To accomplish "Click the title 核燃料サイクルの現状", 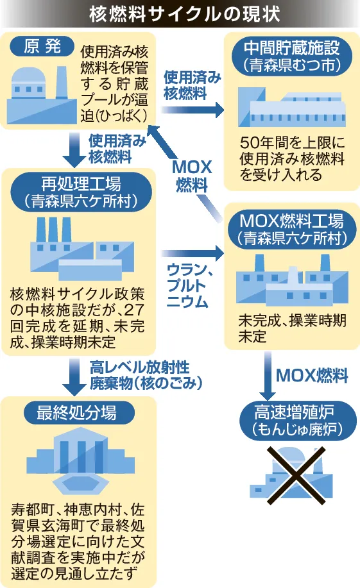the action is (184, 14).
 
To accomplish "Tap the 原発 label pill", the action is (42, 47).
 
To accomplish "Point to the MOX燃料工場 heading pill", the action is (292, 229).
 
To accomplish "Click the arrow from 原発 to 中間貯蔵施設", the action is (193, 110).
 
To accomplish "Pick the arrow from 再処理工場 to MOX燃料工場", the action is (193, 253).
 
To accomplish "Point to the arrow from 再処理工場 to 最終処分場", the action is (74, 376).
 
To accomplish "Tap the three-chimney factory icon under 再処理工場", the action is (82, 248).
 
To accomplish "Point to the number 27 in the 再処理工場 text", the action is (134, 310).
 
